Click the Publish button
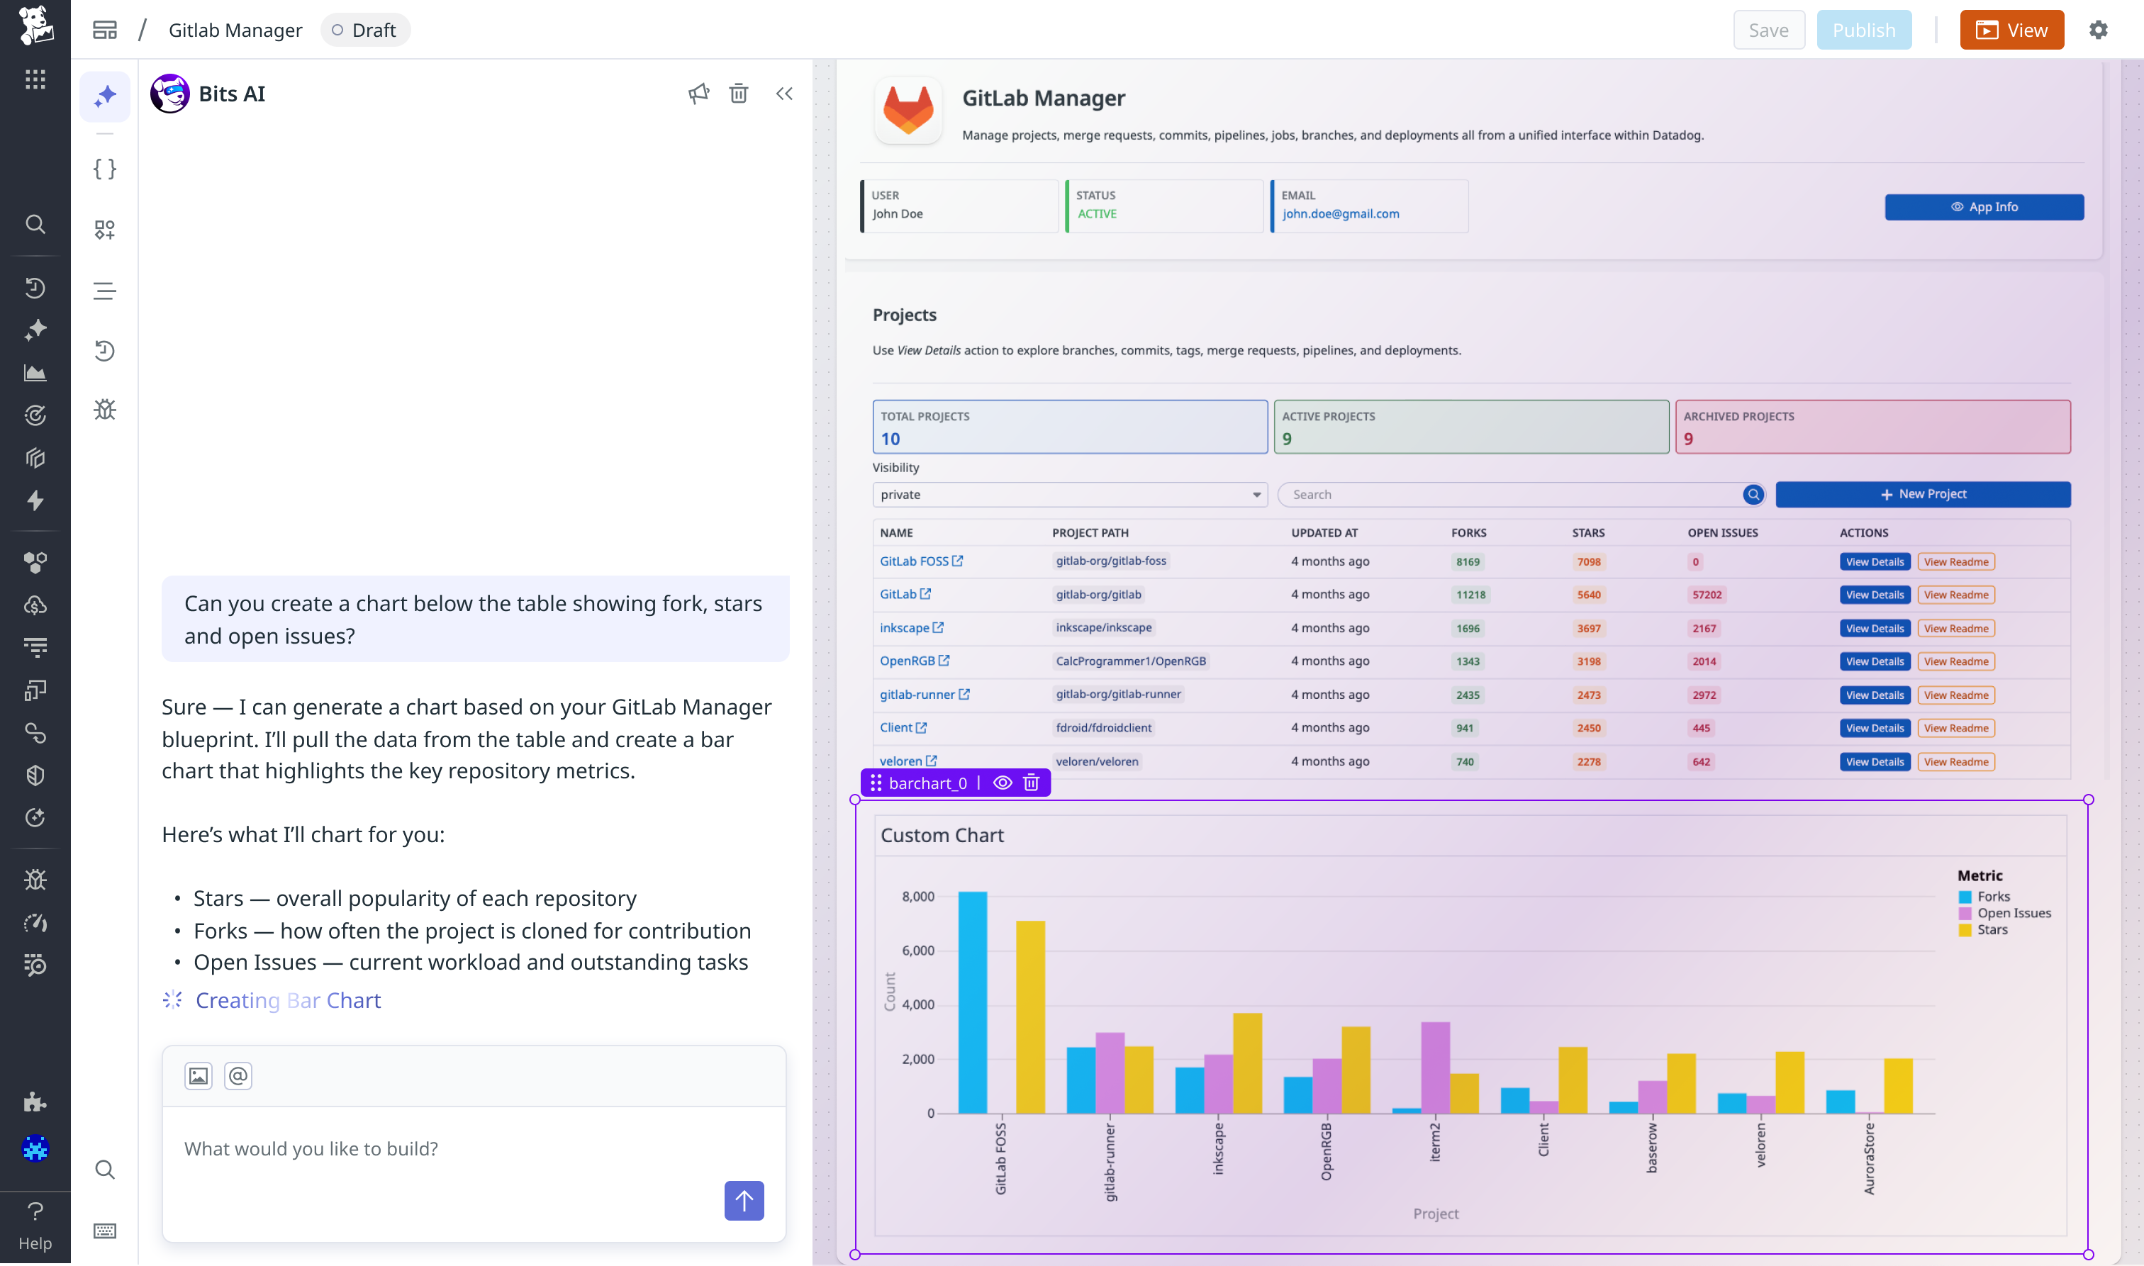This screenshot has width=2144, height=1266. (1863, 30)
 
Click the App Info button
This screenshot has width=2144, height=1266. (1984, 207)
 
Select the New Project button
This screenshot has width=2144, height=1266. (1923, 494)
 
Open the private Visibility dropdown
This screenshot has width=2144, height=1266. (1069, 495)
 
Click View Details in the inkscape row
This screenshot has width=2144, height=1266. (1875, 629)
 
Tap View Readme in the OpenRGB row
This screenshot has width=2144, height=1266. (1955, 662)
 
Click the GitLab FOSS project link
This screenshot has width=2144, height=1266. (914, 561)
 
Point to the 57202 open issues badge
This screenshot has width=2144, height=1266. (1707, 595)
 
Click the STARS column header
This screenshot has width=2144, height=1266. (1587, 533)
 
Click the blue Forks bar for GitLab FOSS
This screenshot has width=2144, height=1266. (973, 1002)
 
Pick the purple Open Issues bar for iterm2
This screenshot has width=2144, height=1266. (1435, 1066)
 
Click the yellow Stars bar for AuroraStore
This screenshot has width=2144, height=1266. (1897, 1085)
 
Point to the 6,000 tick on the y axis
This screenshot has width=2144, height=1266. (918, 951)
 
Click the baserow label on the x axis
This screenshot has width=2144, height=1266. (1652, 1148)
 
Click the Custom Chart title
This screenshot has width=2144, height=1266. (942, 836)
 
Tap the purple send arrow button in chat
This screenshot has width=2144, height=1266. (744, 1200)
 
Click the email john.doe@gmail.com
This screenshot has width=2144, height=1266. (1340, 214)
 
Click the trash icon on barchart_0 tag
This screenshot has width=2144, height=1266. (1031, 783)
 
